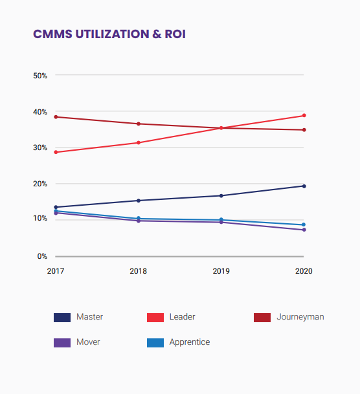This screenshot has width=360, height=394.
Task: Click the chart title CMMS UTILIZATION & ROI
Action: click(x=109, y=34)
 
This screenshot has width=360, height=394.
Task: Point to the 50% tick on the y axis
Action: click(x=39, y=76)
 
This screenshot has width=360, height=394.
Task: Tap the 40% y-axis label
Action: click(x=39, y=112)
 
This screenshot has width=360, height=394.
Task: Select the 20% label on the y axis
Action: click(x=39, y=184)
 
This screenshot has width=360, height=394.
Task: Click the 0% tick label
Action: click(x=41, y=256)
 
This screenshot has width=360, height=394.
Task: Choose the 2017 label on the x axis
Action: click(x=56, y=271)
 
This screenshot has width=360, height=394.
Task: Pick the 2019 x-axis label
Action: click(x=221, y=271)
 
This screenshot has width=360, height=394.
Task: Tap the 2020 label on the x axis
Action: click(x=304, y=271)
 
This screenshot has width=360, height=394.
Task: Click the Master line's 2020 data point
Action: click(x=304, y=186)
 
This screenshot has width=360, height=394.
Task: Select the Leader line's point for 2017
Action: click(x=56, y=152)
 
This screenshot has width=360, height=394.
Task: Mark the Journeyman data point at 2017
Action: click(x=56, y=117)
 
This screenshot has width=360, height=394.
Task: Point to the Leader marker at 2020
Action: click(x=304, y=116)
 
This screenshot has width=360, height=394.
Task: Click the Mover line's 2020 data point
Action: click(x=304, y=230)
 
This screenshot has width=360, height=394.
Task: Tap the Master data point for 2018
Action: click(x=139, y=201)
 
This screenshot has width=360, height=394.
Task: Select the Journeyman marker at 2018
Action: click(x=139, y=124)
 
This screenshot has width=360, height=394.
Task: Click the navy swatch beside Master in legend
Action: click(x=62, y=318)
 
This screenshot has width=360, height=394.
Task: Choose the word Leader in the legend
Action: click(x=182, y=317)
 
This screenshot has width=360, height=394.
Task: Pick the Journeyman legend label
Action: click(x=300, y=317)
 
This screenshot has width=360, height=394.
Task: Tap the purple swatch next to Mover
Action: click(x=62, y=342)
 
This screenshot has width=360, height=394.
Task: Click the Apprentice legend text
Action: click(x=189, y=342)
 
